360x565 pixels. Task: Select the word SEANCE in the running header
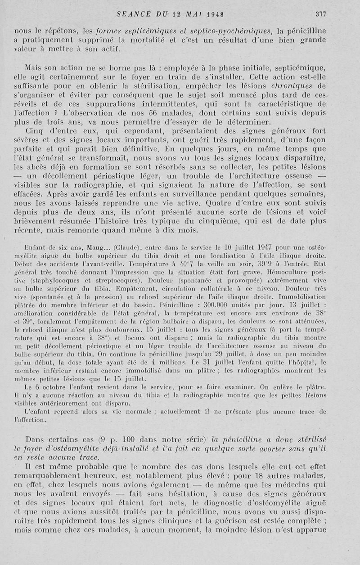(x=131, y=14)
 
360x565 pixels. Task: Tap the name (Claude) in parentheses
(x=130, y=247)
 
